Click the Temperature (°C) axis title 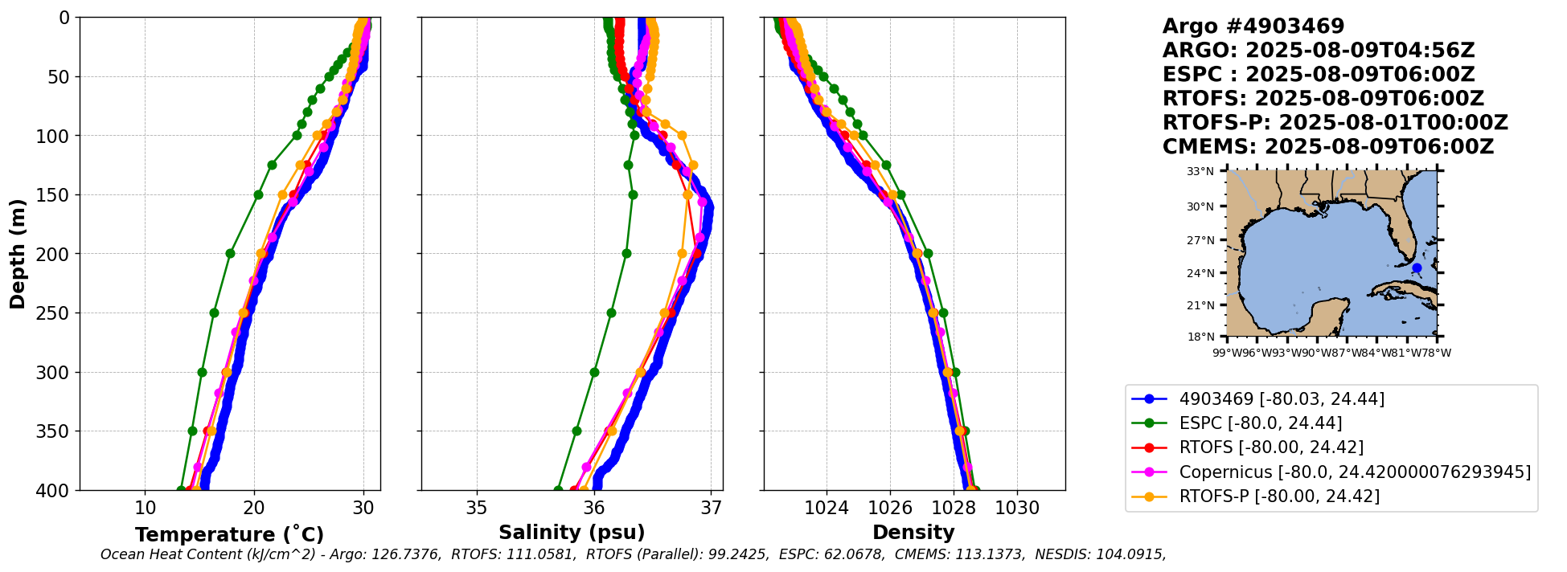click(x=229, y=534)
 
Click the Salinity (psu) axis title click(x=572, y=533)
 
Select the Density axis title click(x=913, y=533)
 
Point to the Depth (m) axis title click(x=18, y=253)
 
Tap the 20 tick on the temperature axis click(x=254, y=509)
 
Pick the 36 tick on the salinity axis click(x=594, y=509)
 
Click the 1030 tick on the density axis click(x=1017, y=509)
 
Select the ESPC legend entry click(x=1260, y=423)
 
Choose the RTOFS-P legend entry click(x=1279, y=496)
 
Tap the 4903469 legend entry click(x=1282, y=399)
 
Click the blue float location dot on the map click(x=1417, y=268)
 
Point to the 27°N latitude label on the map click(x=1200, y=240)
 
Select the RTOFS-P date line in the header click(x=1335, y=123)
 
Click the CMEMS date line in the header click(x=1327, y=147)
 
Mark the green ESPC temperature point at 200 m click(x=230, y=253)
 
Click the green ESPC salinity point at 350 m click(x=576, y=431)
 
